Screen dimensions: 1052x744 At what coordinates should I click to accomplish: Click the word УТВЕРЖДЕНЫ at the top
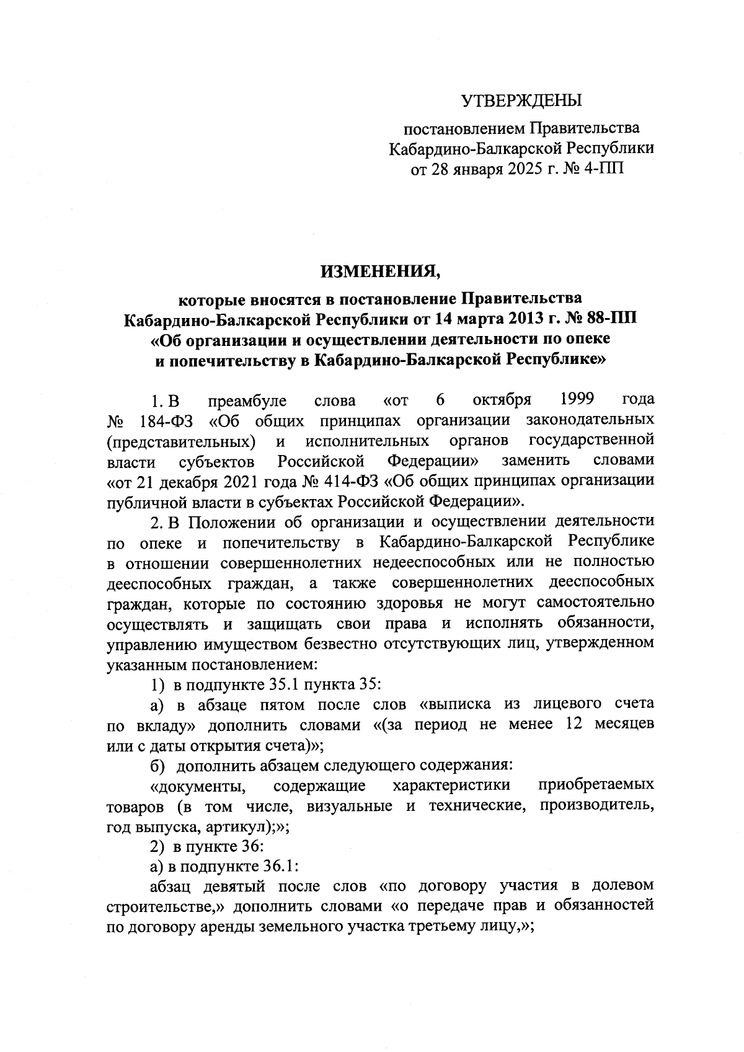(522, 100)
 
